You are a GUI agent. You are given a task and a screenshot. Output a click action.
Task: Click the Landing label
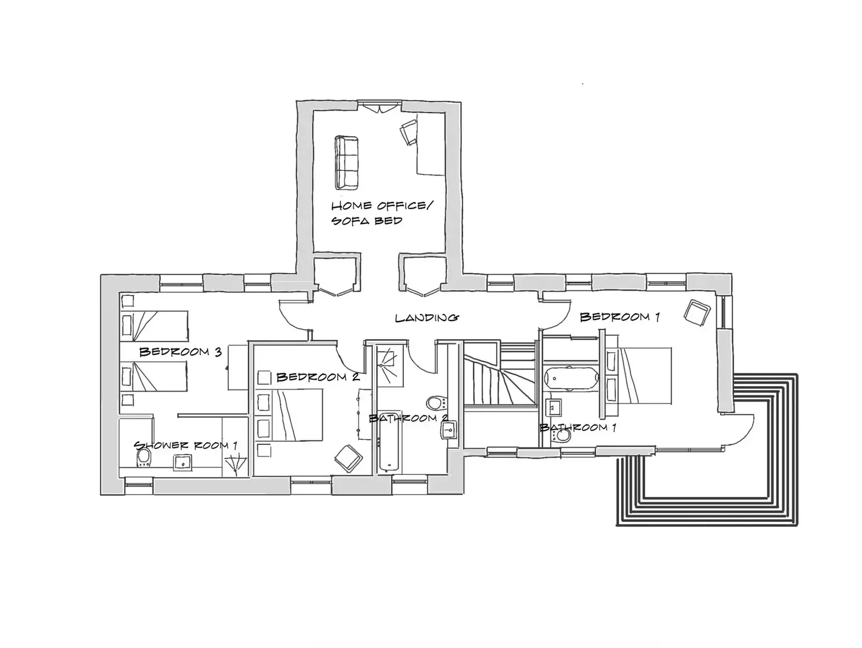[426, 318]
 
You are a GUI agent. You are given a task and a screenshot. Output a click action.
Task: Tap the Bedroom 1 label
[620, 317]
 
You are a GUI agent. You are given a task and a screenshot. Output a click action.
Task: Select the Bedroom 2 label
[318, 377]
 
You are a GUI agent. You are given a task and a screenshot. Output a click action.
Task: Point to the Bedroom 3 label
[181, 351]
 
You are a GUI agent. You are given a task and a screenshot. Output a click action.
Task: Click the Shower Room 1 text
[186, 445]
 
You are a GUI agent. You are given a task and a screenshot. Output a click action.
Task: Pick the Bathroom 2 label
[408, 418]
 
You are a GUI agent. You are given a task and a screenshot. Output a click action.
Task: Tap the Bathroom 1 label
[578, 427]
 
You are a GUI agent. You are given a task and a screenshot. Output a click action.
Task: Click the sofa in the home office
[346, 163]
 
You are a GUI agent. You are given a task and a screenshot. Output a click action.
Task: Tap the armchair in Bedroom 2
[348, 458]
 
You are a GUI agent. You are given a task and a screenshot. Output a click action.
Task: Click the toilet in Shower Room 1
[144, 458]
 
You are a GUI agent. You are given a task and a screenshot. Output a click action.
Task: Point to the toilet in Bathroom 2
[436, 403]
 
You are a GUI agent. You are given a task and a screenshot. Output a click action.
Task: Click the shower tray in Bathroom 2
[390, 365]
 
